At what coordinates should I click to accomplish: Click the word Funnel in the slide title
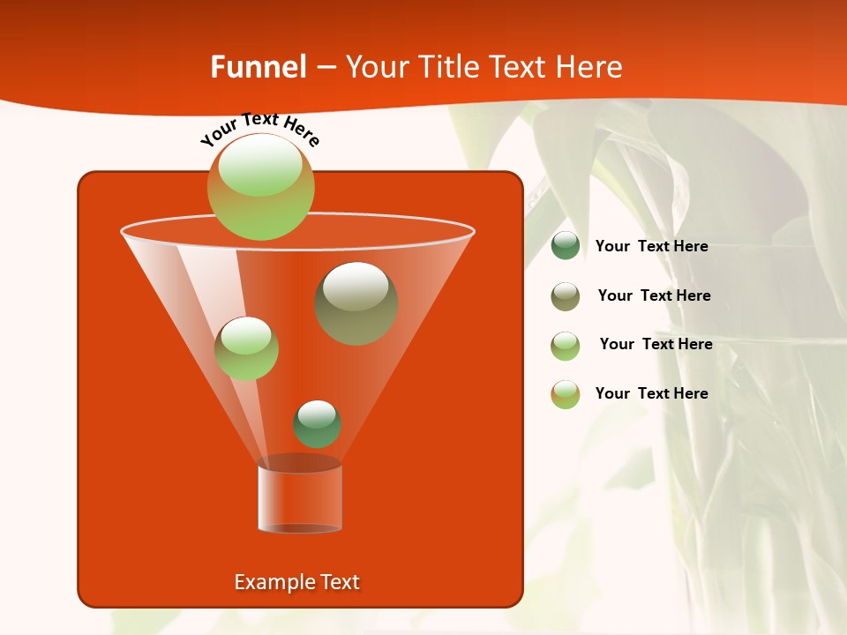[x=259, y=67]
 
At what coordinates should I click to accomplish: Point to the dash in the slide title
[x=326, y=68]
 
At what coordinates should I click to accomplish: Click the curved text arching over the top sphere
[x=260, y=129]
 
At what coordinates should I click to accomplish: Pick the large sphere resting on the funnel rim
[x=261, y=186]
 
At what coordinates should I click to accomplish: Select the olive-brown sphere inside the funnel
[x=356, y=303]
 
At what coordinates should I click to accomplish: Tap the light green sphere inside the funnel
[x=246, y=347]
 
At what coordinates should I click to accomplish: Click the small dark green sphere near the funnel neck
[x=317, y=423]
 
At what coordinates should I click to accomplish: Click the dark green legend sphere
[x=566, y=246]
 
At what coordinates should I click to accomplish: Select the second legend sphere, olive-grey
[x=566, y=296]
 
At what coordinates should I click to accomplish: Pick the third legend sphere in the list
[x=566, y=346]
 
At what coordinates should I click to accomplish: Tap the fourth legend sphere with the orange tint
[x=566, y=394]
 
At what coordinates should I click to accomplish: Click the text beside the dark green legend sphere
[x=651, y=247]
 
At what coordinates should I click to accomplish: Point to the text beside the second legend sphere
[x=654, y=296]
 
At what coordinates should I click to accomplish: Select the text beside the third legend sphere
[x=656, y=345]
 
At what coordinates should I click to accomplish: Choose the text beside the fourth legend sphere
[x=651, y=393]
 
